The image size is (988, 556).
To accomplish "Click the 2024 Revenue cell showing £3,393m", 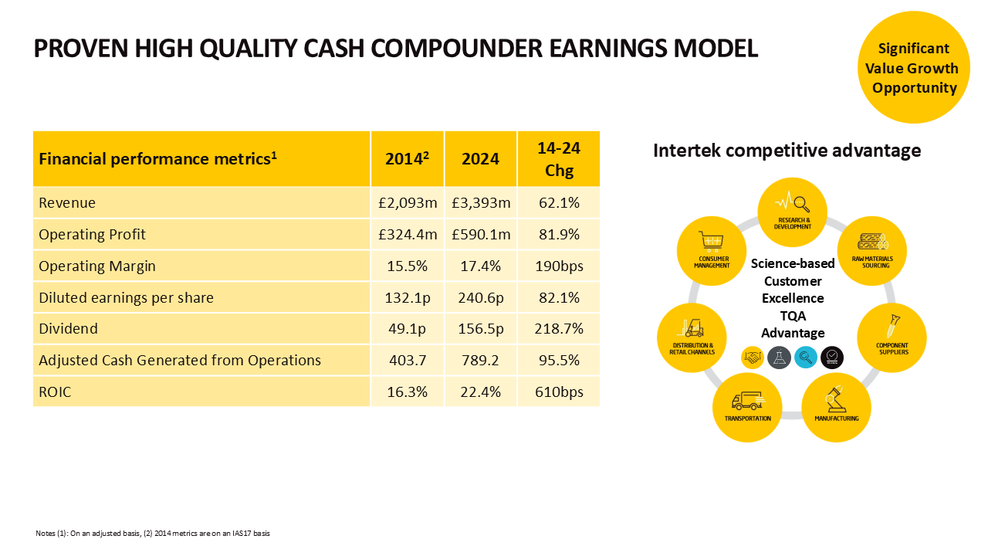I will (x=481, y=203).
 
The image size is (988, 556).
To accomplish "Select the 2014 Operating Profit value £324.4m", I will (x=407, y=235).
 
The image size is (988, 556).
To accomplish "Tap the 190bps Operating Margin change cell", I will (x=559, y=266).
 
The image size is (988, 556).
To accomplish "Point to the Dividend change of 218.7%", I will (x=559, y=329).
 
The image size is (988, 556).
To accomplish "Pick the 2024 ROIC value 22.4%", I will (x=481, y=392).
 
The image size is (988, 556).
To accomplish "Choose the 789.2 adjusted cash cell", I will (x=481, y=361).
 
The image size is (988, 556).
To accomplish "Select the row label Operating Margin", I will (x=97, y=266).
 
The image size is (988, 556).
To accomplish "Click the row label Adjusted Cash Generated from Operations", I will (x=180, y=361).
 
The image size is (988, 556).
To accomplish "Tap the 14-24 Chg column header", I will (x=559, y=159).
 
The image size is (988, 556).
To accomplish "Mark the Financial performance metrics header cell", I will (x=158, y=159).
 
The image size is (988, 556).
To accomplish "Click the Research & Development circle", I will (x=793, y=209).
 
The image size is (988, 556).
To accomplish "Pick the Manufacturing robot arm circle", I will (x=836, y=406).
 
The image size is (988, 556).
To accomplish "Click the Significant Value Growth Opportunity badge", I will (x=914, y=68).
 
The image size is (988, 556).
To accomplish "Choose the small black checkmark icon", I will (x=831, y=357).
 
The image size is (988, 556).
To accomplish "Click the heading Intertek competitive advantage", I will (x=787, y=151).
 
